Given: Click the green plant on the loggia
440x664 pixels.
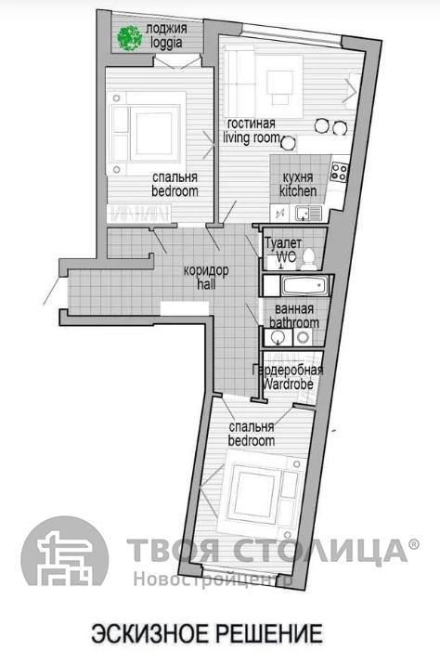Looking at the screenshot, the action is click(129, 38).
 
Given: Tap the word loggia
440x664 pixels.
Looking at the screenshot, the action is click(166, 44).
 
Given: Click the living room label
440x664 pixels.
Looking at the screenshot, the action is click(252, 138).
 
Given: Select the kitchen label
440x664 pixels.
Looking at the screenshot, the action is click(298, 191).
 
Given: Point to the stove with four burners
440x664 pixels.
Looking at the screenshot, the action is click(339, 172).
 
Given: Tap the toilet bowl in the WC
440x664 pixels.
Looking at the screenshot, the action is click(309, 259).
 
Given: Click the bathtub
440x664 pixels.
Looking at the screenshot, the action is click(304, 286).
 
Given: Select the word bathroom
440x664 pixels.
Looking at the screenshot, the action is click(294, 322).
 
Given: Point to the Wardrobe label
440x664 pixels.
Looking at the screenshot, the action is click(288, 384).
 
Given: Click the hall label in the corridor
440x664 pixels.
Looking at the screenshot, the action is click(206, 284).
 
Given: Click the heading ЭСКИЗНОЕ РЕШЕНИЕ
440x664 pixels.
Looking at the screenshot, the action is click(207, 633).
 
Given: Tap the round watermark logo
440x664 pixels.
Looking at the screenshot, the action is click(64, 551).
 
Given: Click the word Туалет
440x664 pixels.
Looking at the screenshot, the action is click(283, 243).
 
